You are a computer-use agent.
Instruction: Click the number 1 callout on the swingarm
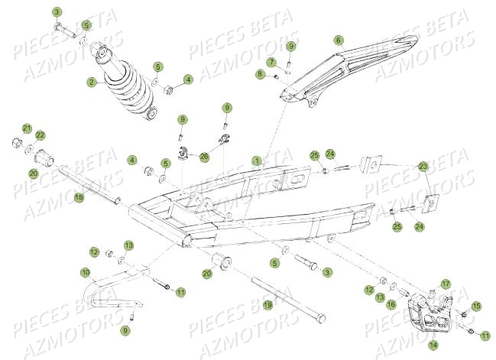click(257, 160)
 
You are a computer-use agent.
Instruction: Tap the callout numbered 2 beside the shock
click(91, 82)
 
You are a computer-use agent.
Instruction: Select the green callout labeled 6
click(339, 41)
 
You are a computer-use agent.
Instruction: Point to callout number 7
click(271, 61)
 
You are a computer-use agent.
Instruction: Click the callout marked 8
click(260, 74)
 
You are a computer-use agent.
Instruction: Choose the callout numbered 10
click(86, 271)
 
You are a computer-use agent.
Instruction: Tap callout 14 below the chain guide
click(434, 344)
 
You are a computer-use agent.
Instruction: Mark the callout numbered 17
click(446, 284)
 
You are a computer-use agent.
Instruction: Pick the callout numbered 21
click(26, 128)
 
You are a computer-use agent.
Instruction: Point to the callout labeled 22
click(41, 135)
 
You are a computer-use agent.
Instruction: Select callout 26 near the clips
click(204, 157)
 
